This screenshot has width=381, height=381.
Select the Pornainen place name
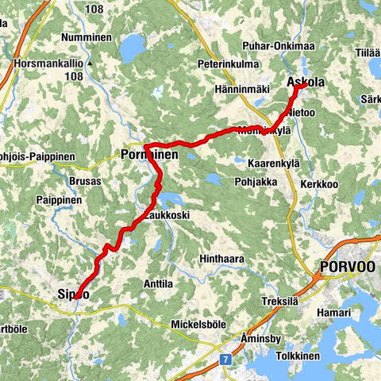click(149, 156)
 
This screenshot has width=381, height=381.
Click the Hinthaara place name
click(224, 259)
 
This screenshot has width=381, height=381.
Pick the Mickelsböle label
click(199, 324)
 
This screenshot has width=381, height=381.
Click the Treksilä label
click(281, 302)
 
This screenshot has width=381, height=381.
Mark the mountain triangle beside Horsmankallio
click(91, 62)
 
